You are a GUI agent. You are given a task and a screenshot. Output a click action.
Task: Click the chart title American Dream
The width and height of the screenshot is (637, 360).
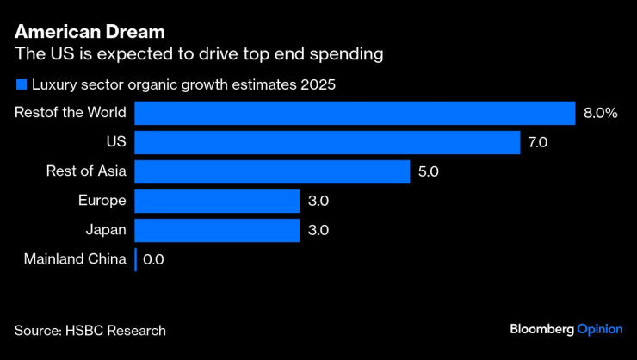tap(90, 32)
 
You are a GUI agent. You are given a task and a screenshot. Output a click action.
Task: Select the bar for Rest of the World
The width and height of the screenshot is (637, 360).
tap(355, 113)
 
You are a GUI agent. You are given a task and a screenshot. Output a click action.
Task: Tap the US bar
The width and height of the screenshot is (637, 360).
tap(327, 142)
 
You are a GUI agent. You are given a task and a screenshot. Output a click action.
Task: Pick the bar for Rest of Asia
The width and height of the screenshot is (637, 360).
tap(272, 171)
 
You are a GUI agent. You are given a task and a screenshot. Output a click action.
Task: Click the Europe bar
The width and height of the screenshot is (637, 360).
tap(217, 201)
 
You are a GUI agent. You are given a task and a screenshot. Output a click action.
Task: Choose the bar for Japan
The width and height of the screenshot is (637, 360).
tap(217, 230)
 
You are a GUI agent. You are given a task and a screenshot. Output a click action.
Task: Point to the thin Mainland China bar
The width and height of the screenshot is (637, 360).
tap(136, 259)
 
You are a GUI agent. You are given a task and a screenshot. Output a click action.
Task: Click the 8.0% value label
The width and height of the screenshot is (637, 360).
tap(600, 113)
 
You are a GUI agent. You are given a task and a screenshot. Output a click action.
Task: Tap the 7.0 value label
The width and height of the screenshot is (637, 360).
tap(538, 142)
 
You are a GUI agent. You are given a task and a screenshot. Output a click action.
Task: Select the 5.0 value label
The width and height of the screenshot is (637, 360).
tap(428, 171)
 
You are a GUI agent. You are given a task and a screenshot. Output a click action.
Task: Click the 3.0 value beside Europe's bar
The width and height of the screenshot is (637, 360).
tap(318, 201)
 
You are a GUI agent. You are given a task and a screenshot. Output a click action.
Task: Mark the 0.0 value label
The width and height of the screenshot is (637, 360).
tap(153, 259)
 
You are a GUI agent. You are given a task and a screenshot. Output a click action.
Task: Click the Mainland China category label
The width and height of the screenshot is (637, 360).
tap(75, 259)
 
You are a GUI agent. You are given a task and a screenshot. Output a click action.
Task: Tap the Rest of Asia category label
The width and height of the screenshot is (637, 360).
tap(86, 171)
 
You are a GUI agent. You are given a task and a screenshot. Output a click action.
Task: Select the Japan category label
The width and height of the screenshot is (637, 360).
tap(106, 230)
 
